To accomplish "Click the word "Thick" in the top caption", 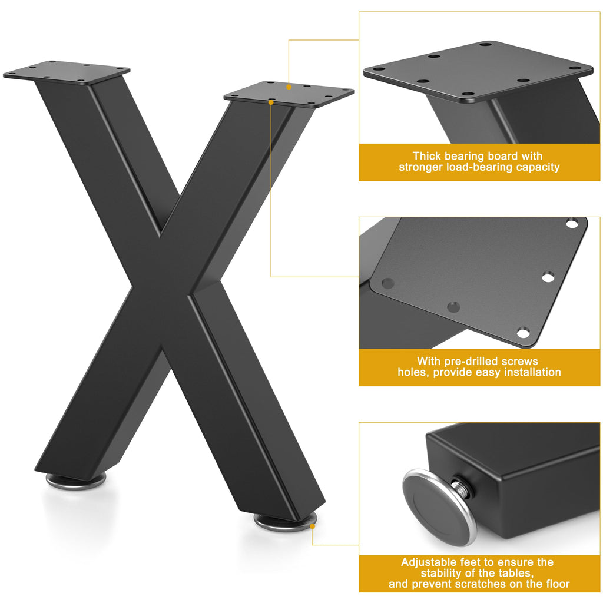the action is pos(427,156).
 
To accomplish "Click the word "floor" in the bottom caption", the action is pos(557,584).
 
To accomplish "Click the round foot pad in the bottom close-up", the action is pos(439,507).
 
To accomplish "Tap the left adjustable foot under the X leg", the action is pos(76,482).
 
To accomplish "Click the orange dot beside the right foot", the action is pos(312,526).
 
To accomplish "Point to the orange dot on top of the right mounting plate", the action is pos(289,87).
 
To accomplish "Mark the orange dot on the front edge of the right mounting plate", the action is pos(271,102).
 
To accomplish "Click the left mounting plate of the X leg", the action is pos(67,72).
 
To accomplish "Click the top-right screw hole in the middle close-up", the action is pos(572,223).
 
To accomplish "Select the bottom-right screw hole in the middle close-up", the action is pos(523,333).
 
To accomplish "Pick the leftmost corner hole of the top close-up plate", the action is pos(379,69).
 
